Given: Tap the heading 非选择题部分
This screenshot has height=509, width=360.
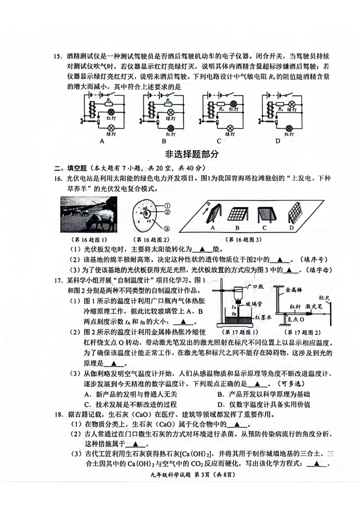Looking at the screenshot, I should pos(191,154).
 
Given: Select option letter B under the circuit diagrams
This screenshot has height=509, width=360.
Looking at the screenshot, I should pos(164,141).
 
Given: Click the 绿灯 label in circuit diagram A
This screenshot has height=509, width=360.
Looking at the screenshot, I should pos(111,134).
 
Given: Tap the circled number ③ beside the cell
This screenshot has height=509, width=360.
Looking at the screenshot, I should pos(167,229).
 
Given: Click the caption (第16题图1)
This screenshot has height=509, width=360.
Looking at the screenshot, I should pos(89,240).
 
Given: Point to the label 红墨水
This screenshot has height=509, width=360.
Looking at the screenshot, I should pos(263,317).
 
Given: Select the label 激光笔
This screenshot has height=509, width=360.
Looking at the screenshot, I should pos(314,306).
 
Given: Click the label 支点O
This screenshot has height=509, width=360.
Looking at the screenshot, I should pos(296,319).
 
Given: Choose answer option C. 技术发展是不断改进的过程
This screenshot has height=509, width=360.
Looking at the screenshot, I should pos(130,405).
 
